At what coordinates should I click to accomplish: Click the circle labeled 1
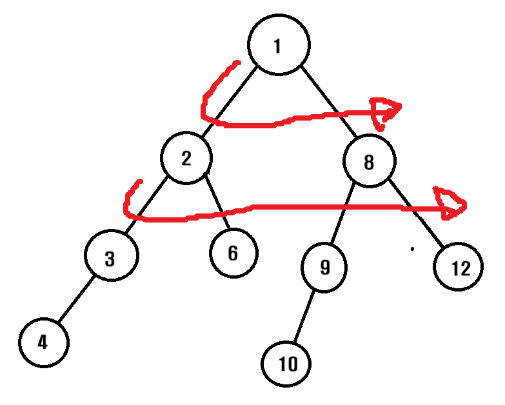(x=278, y=46)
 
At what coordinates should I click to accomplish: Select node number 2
(x=187, y=158)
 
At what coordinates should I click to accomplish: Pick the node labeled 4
(x=43, y=341)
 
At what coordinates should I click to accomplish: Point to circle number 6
(x=233, y=253)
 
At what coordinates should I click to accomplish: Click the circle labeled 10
(x=286, y=364)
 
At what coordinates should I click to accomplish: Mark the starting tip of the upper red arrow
(x=237, y=63)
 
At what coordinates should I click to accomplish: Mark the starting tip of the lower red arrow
(x=139, y=181)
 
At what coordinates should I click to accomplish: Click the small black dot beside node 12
(x=412, y=248)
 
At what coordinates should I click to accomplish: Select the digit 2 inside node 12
(x=465, y=268)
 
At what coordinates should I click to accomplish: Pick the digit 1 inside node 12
(x=453, y=268)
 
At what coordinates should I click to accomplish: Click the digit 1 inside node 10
(x=281, y=364)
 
